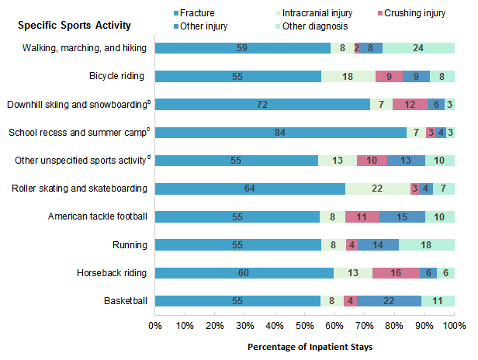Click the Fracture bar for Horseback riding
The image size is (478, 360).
(x=244, y=273)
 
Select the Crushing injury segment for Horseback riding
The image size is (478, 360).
(x=396, y=273)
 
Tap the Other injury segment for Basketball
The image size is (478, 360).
(x=389, y=301)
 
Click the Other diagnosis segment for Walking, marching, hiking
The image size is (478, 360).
(x=418, y=48)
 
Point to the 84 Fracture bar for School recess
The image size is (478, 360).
(x=280, y=133)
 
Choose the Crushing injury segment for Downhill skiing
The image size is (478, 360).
(x=409, y=105)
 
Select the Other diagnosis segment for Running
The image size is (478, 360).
(x=427, y=245)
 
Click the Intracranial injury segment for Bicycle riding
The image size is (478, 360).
(x=348, y=76)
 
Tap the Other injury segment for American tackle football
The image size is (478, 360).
(x=403, y=217)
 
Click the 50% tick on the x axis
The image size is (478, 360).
(x=305, y=324)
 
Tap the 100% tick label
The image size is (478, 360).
(x=454, y=324)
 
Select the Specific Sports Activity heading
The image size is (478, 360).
(x=74, y=26)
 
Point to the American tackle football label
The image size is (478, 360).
(x=98, y=217)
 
